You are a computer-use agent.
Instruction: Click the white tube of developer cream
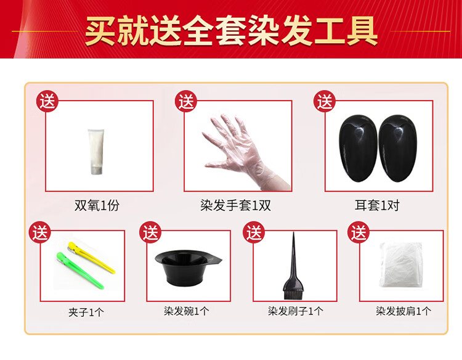(x=96, y=151)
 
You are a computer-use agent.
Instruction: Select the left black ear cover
(x=359, y=148)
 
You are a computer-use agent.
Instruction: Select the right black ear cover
(x=397, y=148)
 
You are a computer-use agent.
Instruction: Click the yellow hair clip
(x=91, y=257)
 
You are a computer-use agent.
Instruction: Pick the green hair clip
(x=80, y=270)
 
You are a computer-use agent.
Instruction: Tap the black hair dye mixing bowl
(x=188, y=268)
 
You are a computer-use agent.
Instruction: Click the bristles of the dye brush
(x=293, y=294)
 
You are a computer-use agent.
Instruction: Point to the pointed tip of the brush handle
(x=293, y=233)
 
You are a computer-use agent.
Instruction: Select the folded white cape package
(x=401, y=264)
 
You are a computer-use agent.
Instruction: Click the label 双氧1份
(x=97, y=205)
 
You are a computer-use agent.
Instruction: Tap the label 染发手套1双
(x=236, y=205)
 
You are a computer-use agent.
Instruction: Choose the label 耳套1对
(x=377, y=205)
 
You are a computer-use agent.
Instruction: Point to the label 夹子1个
(x=86, y=313)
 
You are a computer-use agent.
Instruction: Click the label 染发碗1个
(x=187, y=311)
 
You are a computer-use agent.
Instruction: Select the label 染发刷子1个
(x=296, y=311)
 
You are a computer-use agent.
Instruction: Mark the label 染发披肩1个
(x=403, y=311)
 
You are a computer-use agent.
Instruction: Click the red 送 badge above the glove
(x=186, y=101)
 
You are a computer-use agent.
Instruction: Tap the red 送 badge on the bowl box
(x=150, y=232)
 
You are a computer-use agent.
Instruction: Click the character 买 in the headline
(x=100, y=31)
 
